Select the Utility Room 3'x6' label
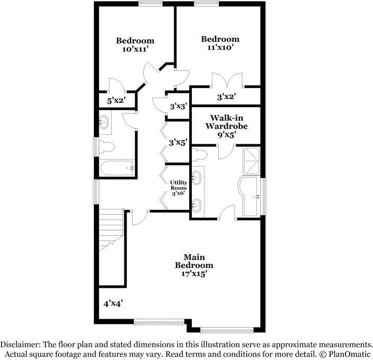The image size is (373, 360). point(178,188)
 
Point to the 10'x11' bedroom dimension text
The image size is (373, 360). point(135,49)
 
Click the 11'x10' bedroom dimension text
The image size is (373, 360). point(219,47)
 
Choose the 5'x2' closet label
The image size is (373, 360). point(116,100)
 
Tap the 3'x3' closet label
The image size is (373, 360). point(178,106)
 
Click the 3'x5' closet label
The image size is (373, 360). point(178,142)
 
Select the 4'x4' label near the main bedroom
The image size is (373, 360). point(113,303)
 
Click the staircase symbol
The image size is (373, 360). point(111,228)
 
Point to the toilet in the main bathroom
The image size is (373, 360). point(199,155)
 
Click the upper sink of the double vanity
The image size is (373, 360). point(197,177)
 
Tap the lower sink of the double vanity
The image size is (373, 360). point(197,204)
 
